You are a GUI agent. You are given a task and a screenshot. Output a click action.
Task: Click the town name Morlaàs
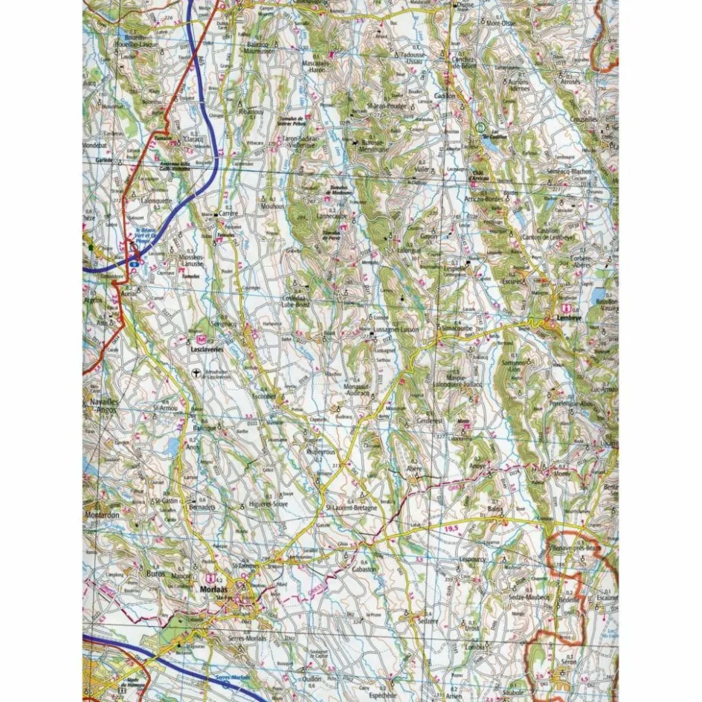click(x=213, y=588)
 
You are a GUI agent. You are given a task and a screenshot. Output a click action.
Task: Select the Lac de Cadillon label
click(x=484, y=138)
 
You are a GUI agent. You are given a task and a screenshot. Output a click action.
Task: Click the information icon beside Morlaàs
click(x=210, y=576)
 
